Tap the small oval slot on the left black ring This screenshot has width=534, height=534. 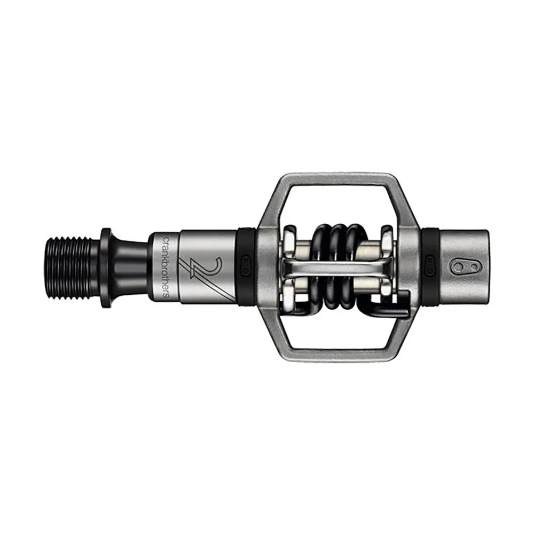point(247,262)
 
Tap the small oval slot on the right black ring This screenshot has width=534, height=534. point(429,262)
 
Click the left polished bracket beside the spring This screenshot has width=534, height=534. point(290,262)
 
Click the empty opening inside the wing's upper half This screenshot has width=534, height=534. point(336,206)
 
